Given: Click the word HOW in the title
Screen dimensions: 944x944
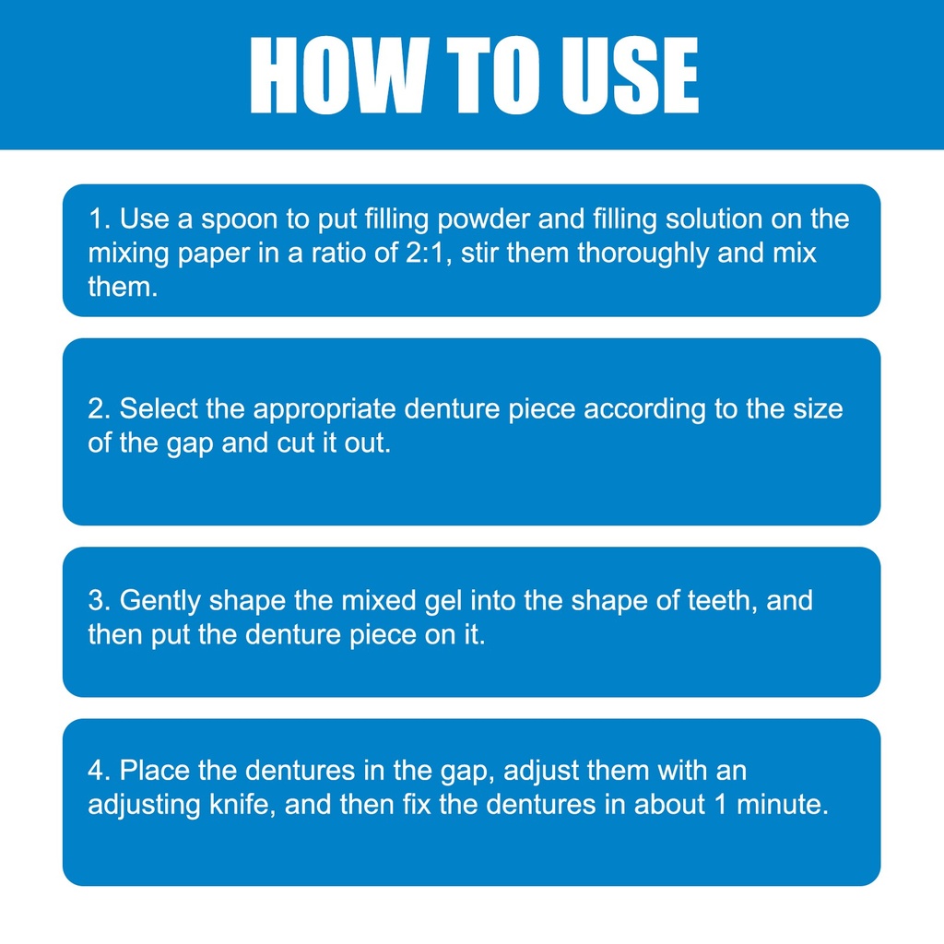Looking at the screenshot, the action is [339, 75].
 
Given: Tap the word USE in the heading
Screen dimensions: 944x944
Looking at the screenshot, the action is [630, 75].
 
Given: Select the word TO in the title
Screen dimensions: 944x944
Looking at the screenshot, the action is [495, 75].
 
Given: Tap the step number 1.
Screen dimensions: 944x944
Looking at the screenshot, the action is [99, 218].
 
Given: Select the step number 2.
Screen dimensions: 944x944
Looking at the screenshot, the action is [99, 408].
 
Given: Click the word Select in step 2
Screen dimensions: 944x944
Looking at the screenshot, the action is [159, 408].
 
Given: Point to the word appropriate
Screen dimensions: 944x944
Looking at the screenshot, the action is [324, 410].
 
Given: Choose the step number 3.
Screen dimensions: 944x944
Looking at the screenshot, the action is [99, 601].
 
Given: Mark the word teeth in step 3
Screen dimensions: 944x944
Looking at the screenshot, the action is [722, 601].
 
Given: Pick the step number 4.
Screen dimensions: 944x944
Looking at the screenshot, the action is [99, 771].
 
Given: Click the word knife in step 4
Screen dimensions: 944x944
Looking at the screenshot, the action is [242, 804].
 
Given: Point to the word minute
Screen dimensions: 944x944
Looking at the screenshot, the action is [783, 804].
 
